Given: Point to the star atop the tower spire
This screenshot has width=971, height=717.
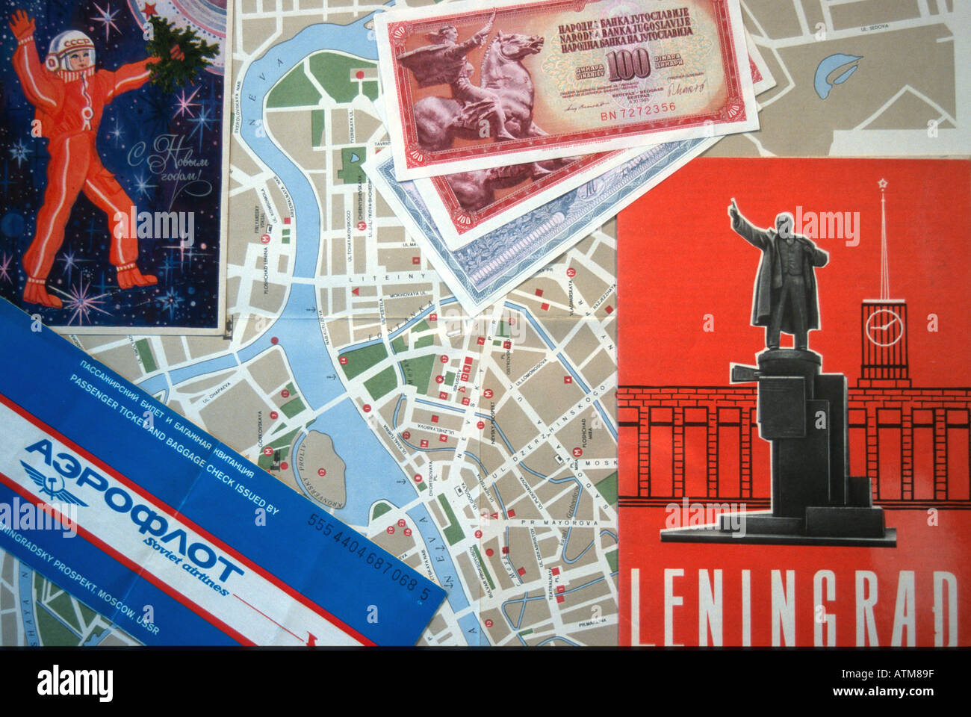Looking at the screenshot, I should pos(881,182).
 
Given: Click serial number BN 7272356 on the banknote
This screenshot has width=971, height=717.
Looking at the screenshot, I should pos(639,107).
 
